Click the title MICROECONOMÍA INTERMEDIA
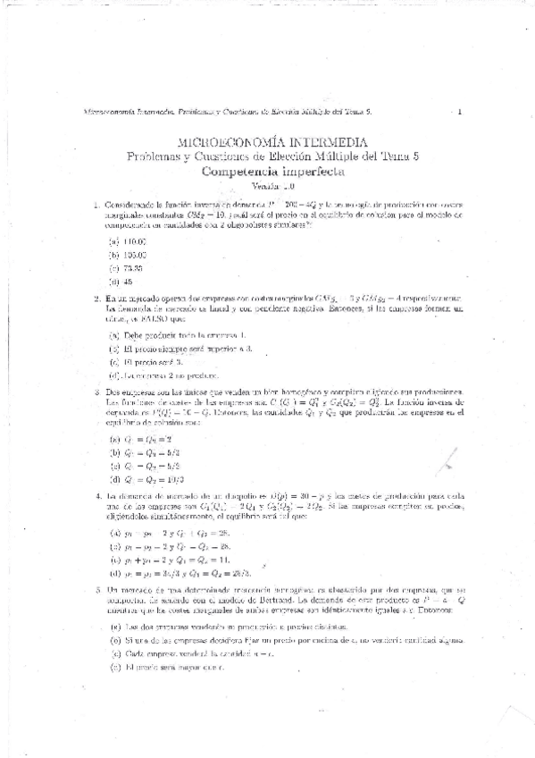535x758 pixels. pyautogui.click(x=267, y=143)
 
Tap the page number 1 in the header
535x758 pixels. pyautogui.click(x=459, y=112)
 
